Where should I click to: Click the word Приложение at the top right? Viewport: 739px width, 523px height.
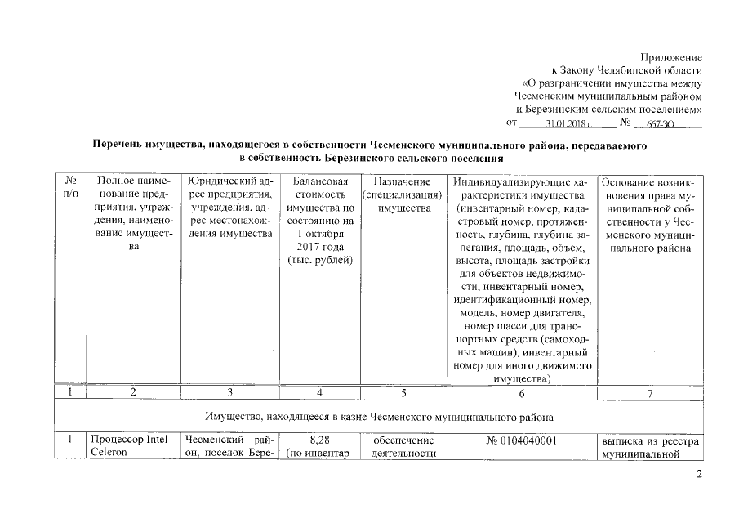coord(672,57)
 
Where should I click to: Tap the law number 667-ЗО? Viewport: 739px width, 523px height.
coord(660,123)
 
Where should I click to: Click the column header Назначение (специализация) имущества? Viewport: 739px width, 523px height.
coord(401,195)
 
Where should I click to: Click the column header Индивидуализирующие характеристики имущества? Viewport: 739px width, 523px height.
coord(523,279)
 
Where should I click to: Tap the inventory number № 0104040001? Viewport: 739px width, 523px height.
coord(522,441)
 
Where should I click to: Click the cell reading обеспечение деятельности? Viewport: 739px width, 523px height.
coord(401,448)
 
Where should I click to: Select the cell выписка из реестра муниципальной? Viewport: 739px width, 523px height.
coord(651,448)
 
